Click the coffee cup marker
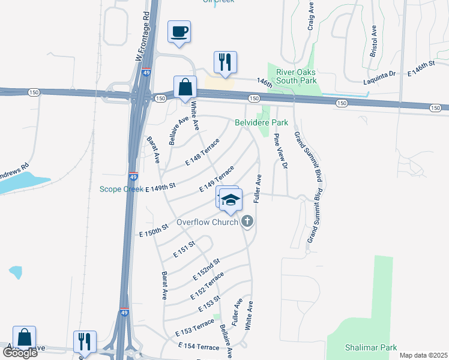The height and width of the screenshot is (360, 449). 179,31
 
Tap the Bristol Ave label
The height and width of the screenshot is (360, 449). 373,41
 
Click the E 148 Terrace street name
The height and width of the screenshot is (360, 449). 202,152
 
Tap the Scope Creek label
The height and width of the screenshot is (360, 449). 121,189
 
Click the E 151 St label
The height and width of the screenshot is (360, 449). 184,250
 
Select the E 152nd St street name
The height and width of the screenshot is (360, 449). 206,269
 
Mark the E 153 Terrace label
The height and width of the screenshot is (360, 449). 194,327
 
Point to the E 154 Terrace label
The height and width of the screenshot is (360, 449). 199,347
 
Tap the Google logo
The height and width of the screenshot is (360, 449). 20,353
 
